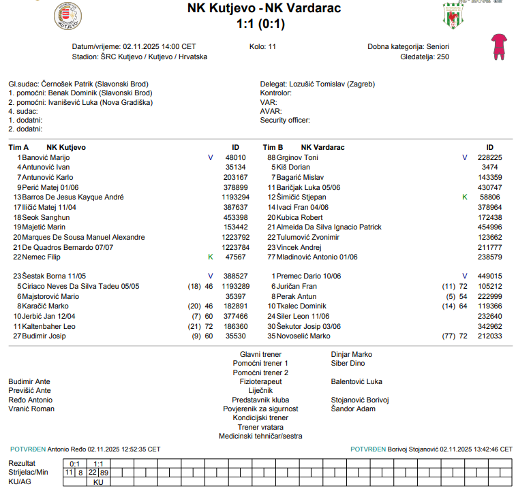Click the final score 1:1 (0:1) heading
pyautogui.click(x=260, y=24)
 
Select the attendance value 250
pyautogui.click(x=443, y=57)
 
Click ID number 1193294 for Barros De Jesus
pyautogui.click(x=234, y=197)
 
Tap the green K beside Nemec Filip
pyautogui.click(x=211, y=257)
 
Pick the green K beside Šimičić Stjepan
pyautogui.click(x=465, y=197)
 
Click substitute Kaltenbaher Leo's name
pyautogui.click(x=49, y=327)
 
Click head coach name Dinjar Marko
pyautogui.click(x=352, y=354)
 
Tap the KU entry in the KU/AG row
pyautogui.click(x=97, y=481)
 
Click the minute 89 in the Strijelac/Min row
pyautogui.click(x=104, y=472)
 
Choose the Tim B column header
pyautogui.click(x=273, y=147)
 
